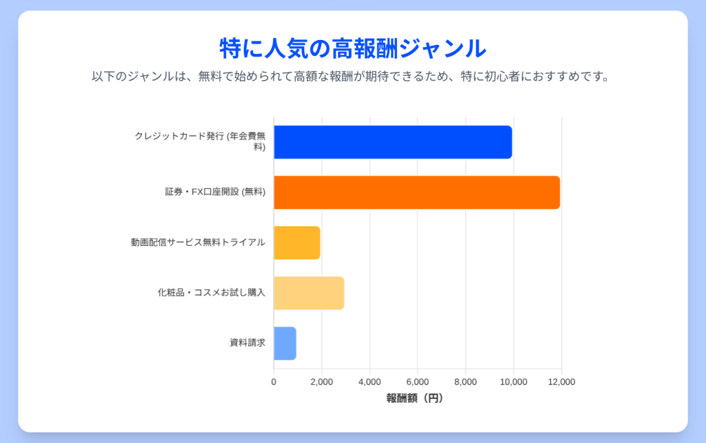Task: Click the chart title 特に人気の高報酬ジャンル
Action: tap(352, 48)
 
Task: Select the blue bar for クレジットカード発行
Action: tap(392, 142)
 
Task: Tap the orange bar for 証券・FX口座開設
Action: tap(416, 193)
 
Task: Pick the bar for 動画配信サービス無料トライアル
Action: tap(296, 243)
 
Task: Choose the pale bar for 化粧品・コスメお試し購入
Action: tap(308, 293)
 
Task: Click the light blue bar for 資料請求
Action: tap(285, 344)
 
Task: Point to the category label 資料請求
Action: tap(248, 343)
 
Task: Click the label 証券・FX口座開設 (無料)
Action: tap(215, 193)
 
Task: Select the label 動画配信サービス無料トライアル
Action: tap(198, 243)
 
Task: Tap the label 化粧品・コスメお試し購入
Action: tap(211, 293)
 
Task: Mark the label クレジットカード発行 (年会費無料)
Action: tap(200, 141)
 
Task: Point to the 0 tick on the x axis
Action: tap(274, 382)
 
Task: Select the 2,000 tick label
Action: tap(321, 382)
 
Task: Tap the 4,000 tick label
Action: tap(370, 382)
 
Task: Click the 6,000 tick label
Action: tap(417, 382)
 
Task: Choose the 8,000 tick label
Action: tap(465, 382)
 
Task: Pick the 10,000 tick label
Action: tap(513, 382)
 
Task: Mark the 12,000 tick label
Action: tap(561, 382)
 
